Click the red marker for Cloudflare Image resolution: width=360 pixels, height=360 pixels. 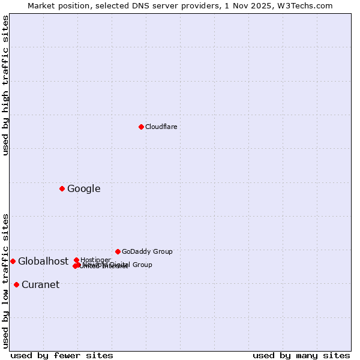[141, 127]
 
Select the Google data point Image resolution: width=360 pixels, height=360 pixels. [62, 188]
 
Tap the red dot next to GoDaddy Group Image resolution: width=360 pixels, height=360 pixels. [118, 251]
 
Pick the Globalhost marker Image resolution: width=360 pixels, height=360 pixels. [13, 261]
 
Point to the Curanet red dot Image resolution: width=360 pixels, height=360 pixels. [16, 284]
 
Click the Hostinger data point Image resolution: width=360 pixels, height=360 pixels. [77, 260]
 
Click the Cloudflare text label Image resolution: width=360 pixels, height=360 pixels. [161, 127]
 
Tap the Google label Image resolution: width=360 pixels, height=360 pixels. [83, 189]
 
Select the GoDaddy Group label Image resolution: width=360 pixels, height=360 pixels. [147, 251]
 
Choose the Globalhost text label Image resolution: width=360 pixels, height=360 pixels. [43, 261]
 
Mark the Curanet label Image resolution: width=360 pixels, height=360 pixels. [40, 285]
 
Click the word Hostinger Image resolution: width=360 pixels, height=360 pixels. [95, 260]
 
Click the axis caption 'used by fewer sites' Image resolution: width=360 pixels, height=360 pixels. [62, 355]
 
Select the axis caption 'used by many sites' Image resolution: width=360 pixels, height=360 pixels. [301, 355]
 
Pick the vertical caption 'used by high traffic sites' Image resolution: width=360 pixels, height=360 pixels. [5, 85]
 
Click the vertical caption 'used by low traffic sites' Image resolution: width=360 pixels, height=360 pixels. [5, 280]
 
